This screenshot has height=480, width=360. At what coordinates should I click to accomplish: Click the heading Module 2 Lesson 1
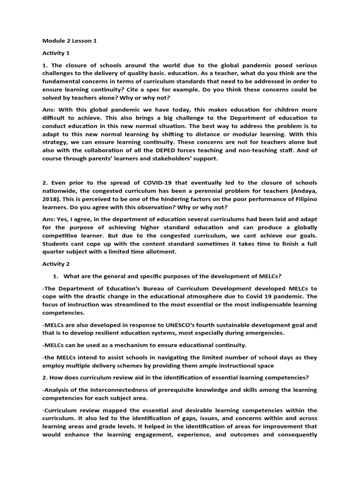(x=69, y=41)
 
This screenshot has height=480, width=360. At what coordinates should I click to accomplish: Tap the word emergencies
(x=262, y=333)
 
